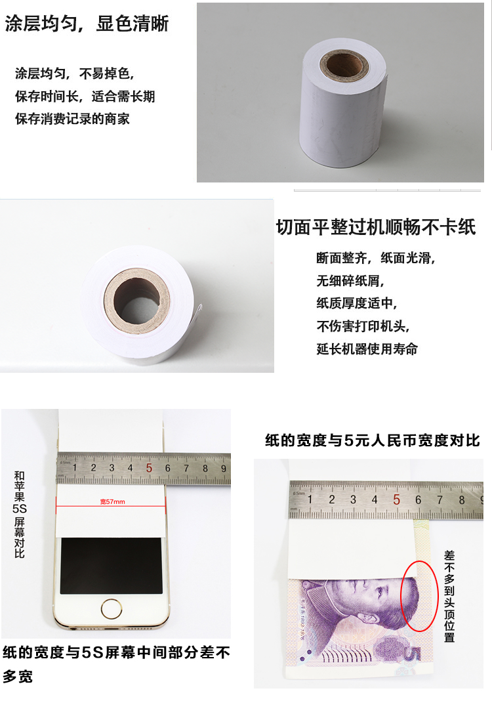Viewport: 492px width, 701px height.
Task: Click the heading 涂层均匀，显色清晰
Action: point(87,24)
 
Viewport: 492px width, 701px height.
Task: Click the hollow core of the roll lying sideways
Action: point(136,301)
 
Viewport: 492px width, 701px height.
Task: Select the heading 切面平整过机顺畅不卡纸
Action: point(376,227)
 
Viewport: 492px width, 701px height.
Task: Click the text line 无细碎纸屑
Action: point(350,281)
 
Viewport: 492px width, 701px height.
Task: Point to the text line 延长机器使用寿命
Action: point(367,349)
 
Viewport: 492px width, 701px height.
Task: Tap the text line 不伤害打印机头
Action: point(363,326)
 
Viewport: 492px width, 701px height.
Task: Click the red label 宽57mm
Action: point(112,501)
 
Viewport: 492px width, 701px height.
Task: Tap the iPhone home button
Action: point(112,609)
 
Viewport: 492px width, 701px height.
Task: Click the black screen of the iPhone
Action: point(112,566)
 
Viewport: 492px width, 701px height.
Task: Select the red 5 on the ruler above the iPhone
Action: point(149,468)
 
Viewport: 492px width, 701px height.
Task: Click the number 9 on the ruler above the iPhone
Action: point(224,469)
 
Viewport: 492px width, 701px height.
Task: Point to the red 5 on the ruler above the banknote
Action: point(396,499)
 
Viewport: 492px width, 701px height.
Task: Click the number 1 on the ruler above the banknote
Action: point(310,499)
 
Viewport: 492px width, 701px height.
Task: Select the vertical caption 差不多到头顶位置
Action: point(449,597)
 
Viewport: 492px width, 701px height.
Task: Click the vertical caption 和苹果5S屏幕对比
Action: point(20,515)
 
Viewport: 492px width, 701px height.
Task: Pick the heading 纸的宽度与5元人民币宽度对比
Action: point(372,440)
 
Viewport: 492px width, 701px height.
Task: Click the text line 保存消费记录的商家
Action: point(72,119)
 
